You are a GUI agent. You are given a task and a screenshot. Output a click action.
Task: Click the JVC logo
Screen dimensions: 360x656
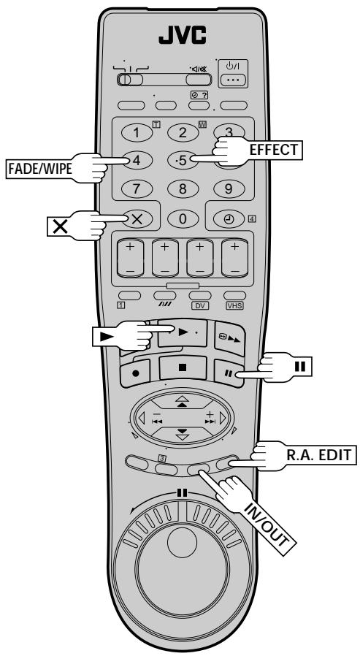coord(182,36)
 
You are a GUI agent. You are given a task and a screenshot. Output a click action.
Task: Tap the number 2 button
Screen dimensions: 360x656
coord(183,133)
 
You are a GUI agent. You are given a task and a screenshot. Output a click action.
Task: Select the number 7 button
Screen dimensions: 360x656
coord(137,188)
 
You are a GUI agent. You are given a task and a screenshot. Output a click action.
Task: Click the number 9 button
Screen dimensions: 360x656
coord(229,188)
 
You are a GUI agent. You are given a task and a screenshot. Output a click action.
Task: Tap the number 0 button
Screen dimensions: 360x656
coord(183,219)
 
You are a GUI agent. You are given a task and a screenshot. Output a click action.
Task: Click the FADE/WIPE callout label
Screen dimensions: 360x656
coord(40,168)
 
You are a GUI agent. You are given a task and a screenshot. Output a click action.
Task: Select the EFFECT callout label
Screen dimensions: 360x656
coord(273,150)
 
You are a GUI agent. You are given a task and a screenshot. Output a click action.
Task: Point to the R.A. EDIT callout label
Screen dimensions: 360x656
coord(318,454)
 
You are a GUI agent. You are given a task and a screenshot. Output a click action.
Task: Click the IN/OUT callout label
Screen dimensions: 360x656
coord(267,525)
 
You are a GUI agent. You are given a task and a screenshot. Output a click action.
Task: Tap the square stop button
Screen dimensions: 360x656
coord(183,368)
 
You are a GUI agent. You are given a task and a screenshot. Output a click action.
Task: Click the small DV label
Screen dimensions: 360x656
coord(200,306)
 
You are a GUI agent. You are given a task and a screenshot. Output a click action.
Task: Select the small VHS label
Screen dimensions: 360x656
coord(234,306)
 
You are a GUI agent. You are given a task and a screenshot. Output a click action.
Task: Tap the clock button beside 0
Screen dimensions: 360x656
coord(229,219)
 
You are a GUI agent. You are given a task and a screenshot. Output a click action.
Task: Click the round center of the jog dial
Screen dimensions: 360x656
coord(182,542)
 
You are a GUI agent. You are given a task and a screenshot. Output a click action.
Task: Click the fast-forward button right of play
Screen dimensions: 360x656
coord(229,338)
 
